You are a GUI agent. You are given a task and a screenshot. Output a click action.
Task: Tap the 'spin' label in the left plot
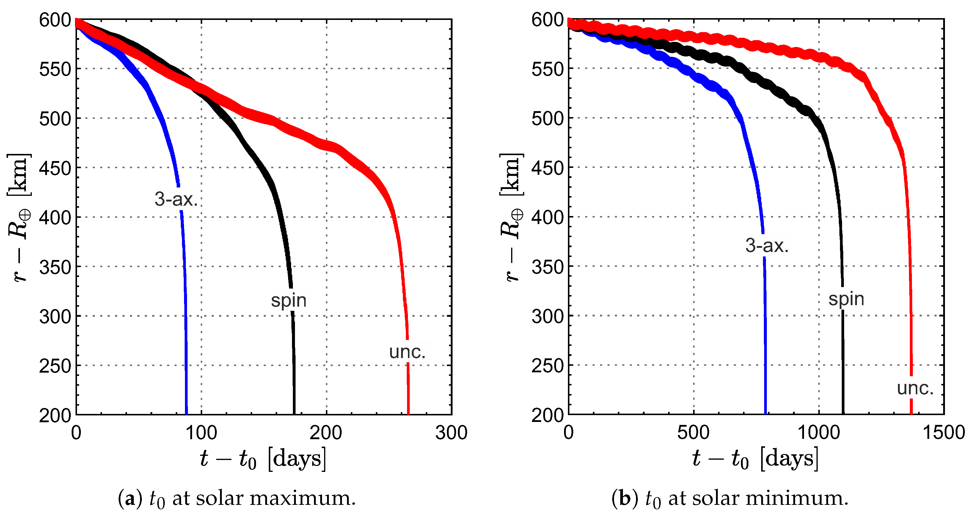[289, 300]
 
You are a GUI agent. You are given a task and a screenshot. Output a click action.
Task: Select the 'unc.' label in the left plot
[407, 352]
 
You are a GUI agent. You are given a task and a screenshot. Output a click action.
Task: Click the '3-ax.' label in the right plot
[767, 246]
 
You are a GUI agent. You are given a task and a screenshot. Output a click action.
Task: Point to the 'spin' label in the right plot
[846, 299]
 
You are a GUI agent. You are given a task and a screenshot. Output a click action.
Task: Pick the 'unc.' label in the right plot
[915, 388]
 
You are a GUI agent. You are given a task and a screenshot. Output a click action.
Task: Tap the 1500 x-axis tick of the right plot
[943, 433]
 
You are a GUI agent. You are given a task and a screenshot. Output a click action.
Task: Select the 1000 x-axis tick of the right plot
[819, 433]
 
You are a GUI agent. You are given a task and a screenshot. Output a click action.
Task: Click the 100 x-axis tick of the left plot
[201, 433]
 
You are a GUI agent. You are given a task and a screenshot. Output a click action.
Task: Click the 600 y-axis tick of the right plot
[547, 20]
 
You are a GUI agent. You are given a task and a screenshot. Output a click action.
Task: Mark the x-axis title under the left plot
[263, 459]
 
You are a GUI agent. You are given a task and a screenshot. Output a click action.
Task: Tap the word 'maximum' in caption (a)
[303, 499]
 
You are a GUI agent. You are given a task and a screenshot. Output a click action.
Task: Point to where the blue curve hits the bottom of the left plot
[186, 413]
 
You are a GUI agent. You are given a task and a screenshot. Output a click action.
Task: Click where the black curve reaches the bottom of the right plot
[843, 413]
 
